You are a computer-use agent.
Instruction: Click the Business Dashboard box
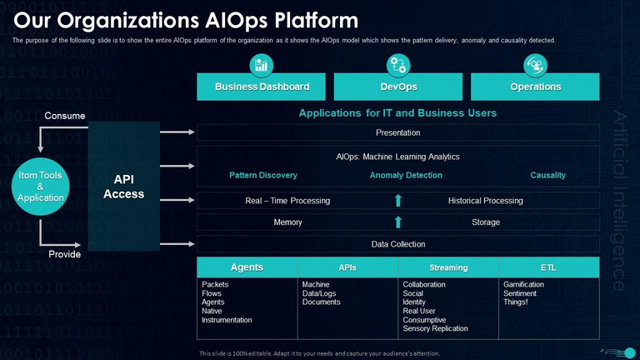pyautogui.click(x=262, y=87)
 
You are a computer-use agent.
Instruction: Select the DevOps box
pyautogui.click(x=398, y=87)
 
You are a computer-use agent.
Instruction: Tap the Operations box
pyautogui.click(x=535, y=87)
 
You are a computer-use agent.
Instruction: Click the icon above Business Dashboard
pyautogui.click(x=262, y=65)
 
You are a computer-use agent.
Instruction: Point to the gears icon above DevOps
pyautogui.click(x=398, y=65)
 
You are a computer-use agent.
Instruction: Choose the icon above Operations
pyautogui.click(x=535, y=65)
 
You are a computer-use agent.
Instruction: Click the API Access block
pyautogui.click(x=123, y=187)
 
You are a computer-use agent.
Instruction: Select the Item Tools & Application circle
pyautogui.click(x=40, y=187)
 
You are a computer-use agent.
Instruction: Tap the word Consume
pyautogui.click(x=64, y=116)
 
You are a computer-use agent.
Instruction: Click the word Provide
pyautogui.click(x=64, y=254)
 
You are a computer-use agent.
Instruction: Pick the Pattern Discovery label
pyautogui.click(x=262, y=175)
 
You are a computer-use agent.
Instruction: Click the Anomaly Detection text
pyautogui.click(x=406, y=175)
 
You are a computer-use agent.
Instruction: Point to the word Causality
pyautogui.click(x=547, y=175)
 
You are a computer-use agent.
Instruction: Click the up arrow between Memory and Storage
pyautogui.click(x=398, y=222)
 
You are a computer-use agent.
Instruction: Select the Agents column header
pyautogui.click(x=247, y=267)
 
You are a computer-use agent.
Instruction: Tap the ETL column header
pyautogui.click(x=548, y=267)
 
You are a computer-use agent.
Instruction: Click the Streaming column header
pyautogui.click(x=448, y=267)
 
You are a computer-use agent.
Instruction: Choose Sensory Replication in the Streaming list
pyautogui.click(x=435, y=328)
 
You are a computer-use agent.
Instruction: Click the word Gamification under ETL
pyautogui.click(x=523, y=284)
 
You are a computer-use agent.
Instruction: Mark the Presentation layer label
pyautogui.click(x=398, y=132)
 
